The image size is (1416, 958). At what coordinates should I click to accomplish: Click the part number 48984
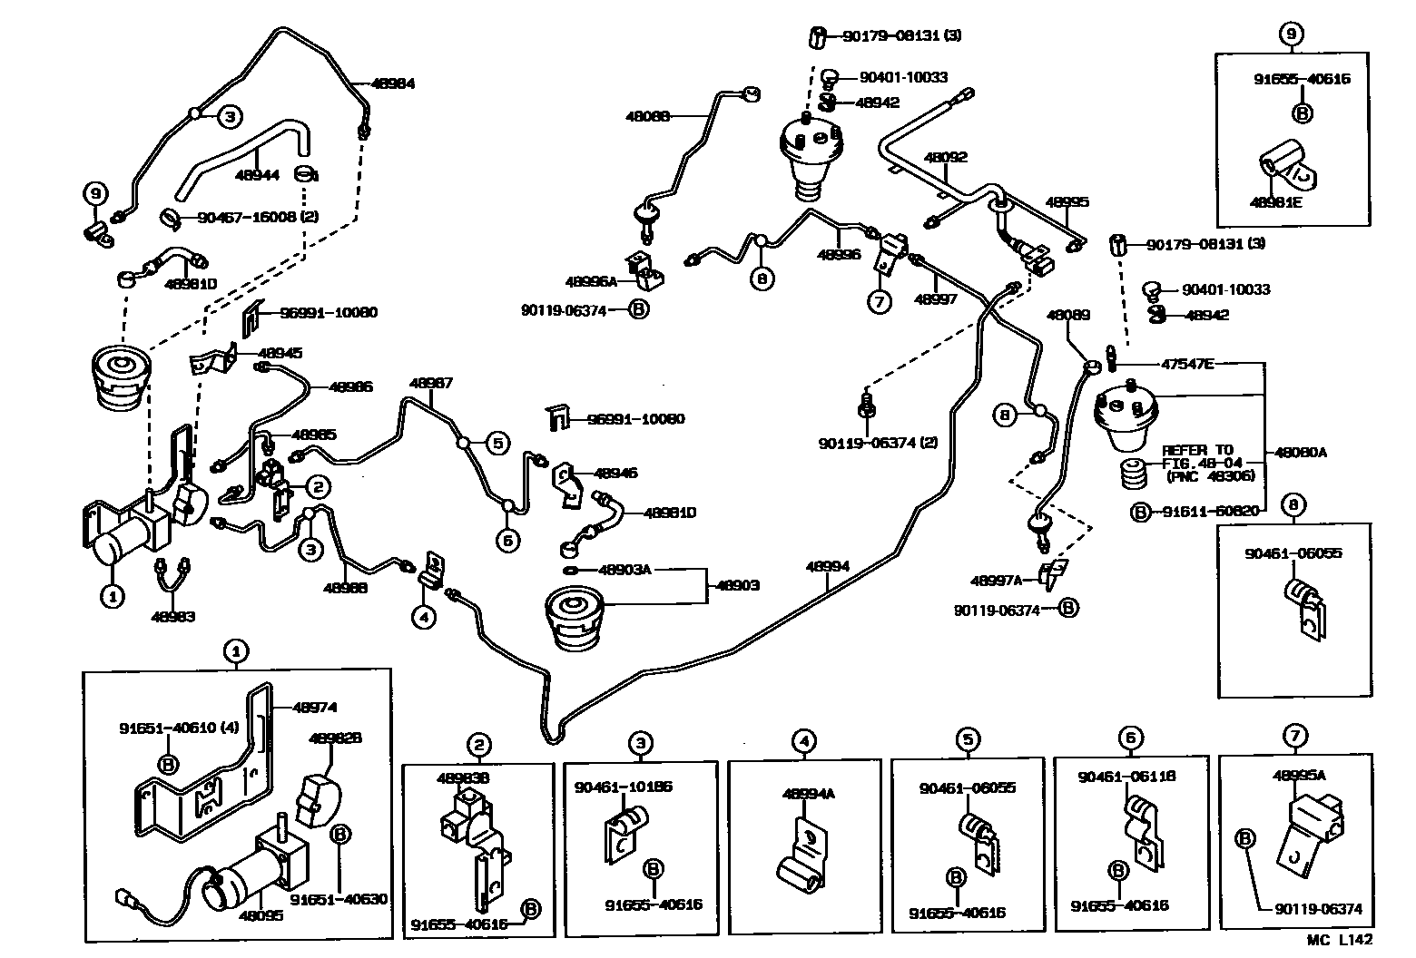(392, 83)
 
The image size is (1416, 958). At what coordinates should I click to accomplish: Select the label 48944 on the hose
(257, 175)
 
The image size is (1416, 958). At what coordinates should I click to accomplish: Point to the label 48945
(280, 353)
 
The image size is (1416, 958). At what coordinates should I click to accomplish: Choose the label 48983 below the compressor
(173, 617)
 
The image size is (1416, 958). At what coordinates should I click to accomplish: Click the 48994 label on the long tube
(827, 567)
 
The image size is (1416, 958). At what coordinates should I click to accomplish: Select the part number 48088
(647, 116)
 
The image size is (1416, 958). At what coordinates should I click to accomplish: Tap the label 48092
(946, 157)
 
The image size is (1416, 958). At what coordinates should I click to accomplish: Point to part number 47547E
(1187, 364)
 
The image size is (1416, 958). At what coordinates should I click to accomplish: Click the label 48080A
(1300, 452)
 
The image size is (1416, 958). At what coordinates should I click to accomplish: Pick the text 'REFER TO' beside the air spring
(1197, 449)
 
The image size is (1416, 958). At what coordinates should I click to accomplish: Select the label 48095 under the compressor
(261, 915)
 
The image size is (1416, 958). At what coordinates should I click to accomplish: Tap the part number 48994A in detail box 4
(808, 794)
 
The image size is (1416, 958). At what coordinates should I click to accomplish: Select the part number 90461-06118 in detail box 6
(1126, 777)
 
